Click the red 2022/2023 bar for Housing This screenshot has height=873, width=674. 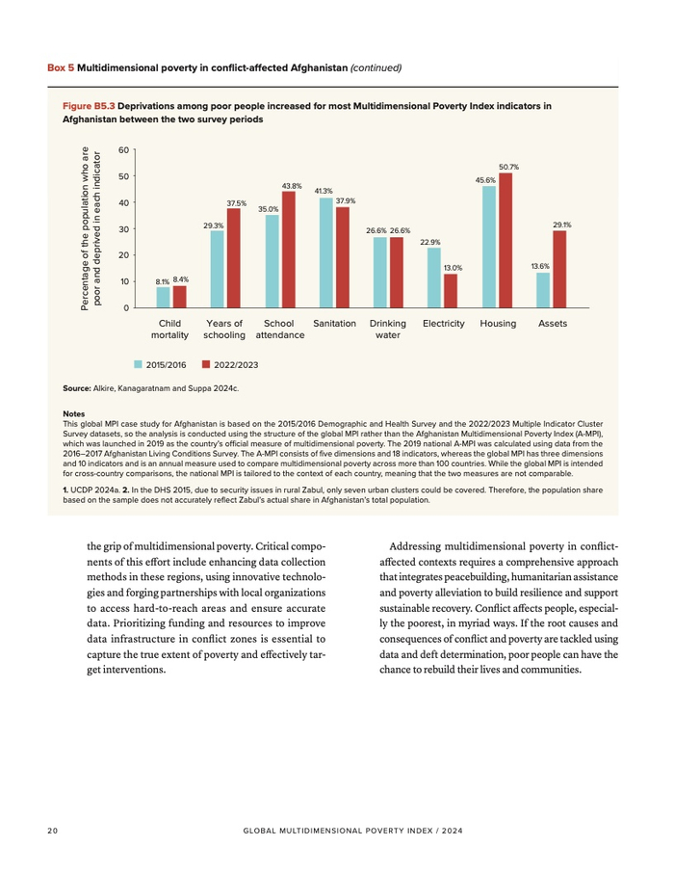(x=505, y=240)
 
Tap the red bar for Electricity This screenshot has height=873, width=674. (x=451, y=290)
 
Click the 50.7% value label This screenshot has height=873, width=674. (x=509, y=168)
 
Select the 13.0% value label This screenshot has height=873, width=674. (x=453, y=268)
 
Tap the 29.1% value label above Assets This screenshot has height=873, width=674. (x=562, y=225)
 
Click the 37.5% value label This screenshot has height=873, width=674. (x=236, y=203)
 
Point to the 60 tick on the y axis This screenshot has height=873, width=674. (x=123, y=150)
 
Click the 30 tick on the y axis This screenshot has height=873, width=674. (x=123, y=229)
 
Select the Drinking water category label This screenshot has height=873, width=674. (x=388, y=330)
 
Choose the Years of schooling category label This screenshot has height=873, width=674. (x=223, y=330)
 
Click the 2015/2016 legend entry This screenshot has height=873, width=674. (x=161, y=365)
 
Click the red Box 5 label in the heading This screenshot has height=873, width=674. (x=61, y=68)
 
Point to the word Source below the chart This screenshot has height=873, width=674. (x=76, y=388)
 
